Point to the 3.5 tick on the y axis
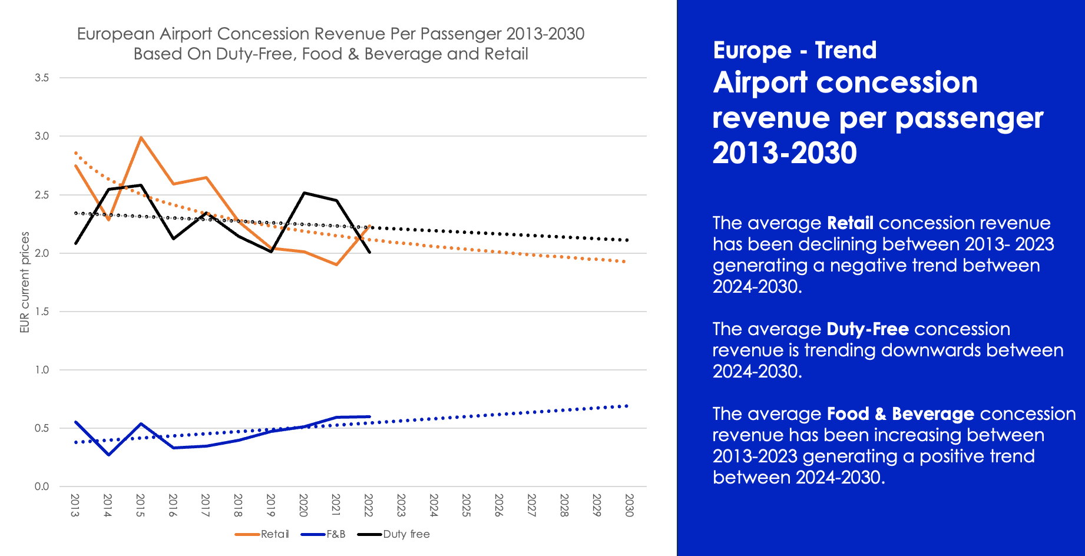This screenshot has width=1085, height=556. tap(42, 78)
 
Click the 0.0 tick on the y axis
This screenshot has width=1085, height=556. tap(42, 486)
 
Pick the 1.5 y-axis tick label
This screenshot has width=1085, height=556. tap(42, 312)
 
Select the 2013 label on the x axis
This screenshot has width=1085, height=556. tap(75, 505)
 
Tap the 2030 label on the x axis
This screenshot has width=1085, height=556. tap(628, 505)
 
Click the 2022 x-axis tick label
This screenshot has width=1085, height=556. tap(368, 505)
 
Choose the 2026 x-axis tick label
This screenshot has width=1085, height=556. tap(498, 505)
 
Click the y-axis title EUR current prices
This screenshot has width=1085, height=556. tap(25, 282)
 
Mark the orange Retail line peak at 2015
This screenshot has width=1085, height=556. tap(141, 137)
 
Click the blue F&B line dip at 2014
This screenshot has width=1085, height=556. tap(108, 455)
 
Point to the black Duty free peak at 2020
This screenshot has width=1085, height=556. tap(304, 193)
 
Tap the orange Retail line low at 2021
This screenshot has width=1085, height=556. tap(336, 264)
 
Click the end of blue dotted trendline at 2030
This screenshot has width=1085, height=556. tap(627, 406)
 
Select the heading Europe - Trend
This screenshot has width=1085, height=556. tap(795, 51)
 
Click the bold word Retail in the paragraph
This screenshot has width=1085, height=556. tap(850, 223)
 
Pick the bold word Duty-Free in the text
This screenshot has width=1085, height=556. tap(868, 329)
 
